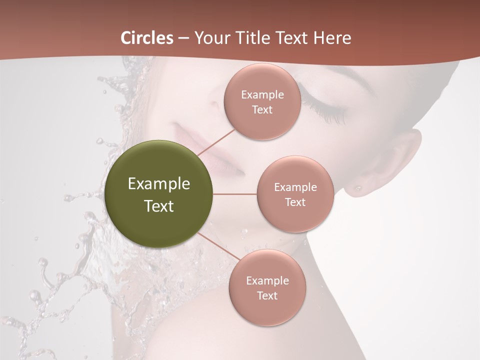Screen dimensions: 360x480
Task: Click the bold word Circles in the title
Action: [147, 38]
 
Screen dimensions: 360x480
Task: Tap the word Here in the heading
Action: [332, 38]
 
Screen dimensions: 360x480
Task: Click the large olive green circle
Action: [159, 194]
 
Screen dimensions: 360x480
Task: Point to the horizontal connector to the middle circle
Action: [235, 194]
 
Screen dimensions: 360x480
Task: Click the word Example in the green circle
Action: [159, 184]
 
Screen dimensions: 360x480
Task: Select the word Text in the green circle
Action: [159, 206]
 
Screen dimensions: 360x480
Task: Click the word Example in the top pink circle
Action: [262, 95]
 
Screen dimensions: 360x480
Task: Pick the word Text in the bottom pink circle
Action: [267, 295]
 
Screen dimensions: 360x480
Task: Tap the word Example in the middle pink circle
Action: [295, 187]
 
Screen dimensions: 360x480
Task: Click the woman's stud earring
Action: [358, 188]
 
